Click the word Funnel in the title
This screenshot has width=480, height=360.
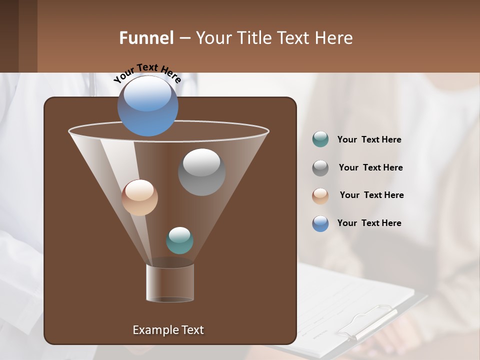(x=146, y=38)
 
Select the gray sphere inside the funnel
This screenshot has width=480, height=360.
(x=201, y=172)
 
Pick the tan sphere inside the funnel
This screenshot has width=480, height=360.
(x=139, y=197)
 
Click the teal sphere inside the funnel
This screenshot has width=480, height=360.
(x=179, y=240)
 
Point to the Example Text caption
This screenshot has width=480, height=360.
(x=168, y=330)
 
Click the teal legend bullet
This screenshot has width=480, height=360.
(x=320, y=139)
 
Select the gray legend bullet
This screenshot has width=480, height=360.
(x=320, y=168)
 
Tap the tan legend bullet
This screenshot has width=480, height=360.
(x=320, y=195)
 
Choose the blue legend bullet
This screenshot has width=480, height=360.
(x=320, y=223)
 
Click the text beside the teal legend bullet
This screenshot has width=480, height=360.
(x=369, y=139)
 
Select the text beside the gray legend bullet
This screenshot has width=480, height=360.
(x=370, y=167)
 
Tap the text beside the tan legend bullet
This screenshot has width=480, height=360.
(x=371, y=195)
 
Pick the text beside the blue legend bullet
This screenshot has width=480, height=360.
(x=369, y=223)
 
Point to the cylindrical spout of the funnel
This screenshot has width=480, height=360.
(x=170, y=282)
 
